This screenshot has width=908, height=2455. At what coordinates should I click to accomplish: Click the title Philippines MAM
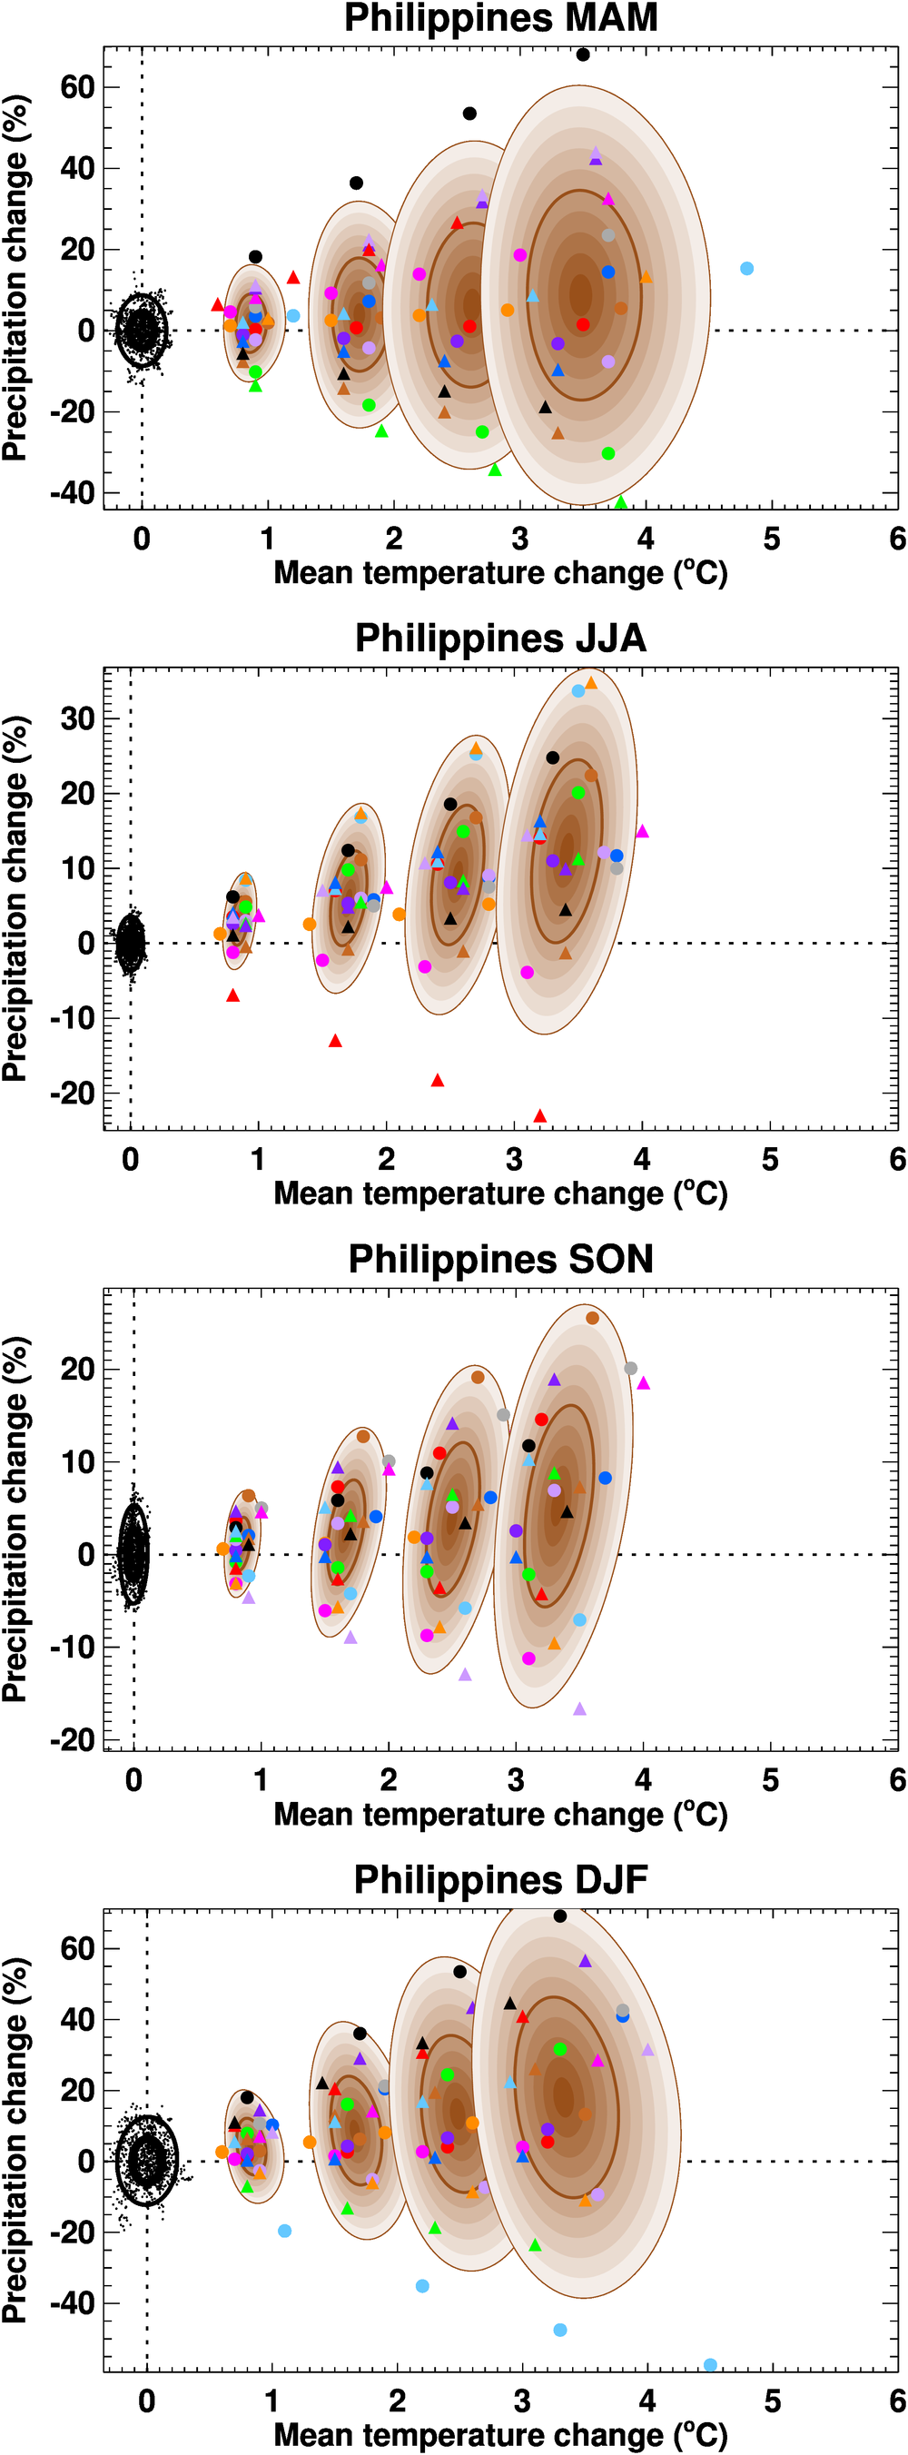coord(500,18)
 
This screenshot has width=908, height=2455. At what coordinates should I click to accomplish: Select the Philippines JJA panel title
coord(500,638)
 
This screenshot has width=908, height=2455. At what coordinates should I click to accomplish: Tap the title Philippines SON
coord(500,1259)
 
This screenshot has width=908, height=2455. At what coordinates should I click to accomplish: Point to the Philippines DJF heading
coord(500,1880)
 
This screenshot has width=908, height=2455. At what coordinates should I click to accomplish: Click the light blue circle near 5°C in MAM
coord(747,269)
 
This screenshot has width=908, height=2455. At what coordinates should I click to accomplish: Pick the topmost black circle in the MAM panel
coord(583,54)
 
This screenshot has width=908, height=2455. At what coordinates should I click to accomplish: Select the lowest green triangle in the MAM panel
coord(621,502)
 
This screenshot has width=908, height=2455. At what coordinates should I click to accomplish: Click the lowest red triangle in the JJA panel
coord(540,1116)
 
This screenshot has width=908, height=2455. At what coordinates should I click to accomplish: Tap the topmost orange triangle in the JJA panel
coord(591,682)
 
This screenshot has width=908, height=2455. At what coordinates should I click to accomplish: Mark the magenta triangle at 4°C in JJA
coord(642,832)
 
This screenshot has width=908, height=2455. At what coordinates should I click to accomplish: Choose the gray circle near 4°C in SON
coord(631,1369)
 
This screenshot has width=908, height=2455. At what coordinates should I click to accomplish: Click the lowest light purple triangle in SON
coord(579,1708)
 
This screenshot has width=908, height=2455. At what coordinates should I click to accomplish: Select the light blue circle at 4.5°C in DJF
coord(711,2364)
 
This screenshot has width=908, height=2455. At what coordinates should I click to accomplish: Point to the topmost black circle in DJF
coord(560,1915)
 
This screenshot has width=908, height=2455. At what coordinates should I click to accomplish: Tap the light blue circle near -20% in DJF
coord(284,2231)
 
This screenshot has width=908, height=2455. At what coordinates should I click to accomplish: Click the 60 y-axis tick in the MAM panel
coord(77,88)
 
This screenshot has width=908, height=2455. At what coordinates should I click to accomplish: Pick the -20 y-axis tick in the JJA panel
coord(73,1094)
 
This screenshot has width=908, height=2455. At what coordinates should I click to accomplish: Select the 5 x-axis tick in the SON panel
coord(771,1780)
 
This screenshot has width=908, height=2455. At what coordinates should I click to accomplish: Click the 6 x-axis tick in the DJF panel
coord(897,2401)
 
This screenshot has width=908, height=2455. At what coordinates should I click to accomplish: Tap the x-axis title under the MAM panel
coord(500,574)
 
